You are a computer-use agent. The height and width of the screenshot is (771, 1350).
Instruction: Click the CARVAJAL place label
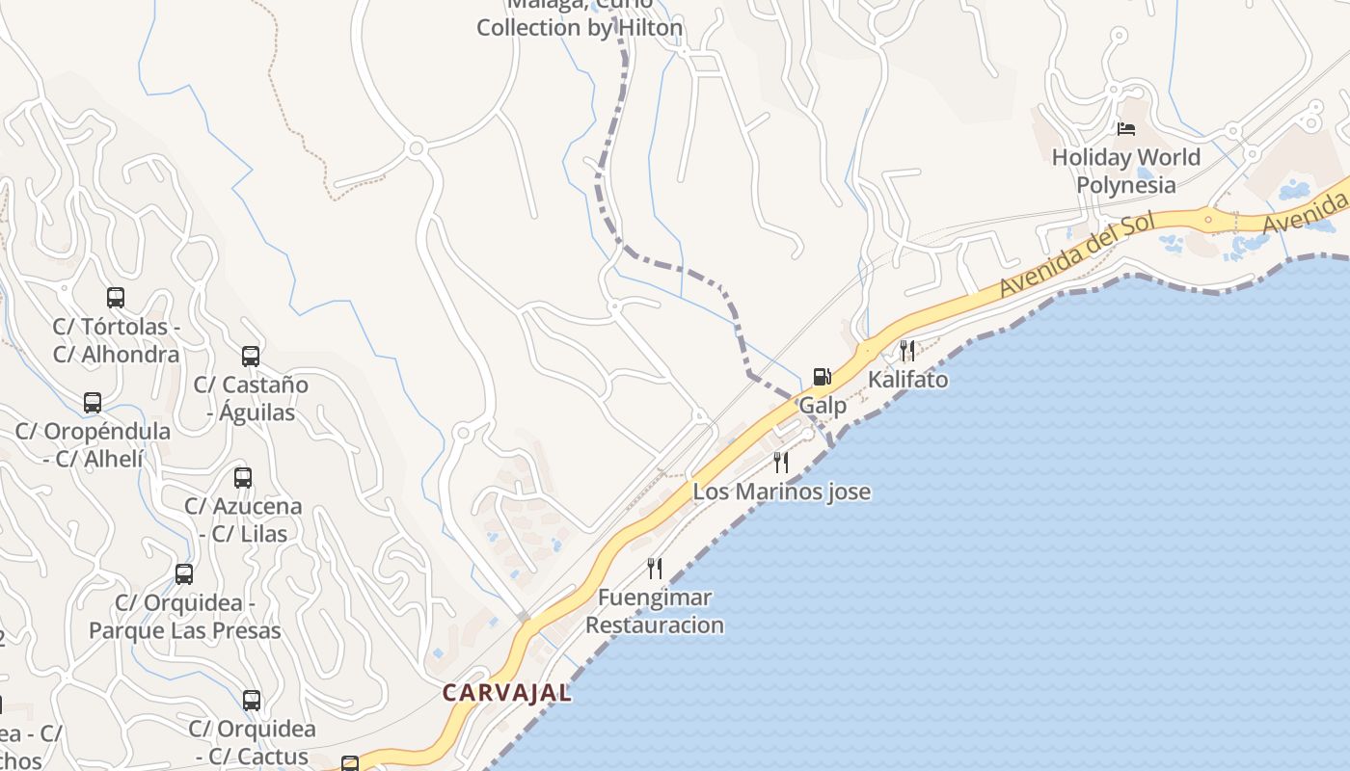tap(506, 692)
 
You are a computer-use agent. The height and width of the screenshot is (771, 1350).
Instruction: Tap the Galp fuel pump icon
tap(822, 376)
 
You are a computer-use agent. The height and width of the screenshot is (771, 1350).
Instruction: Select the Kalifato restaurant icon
tap(906, 350)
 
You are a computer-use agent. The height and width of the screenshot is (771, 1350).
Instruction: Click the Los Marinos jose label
tap(781, 492)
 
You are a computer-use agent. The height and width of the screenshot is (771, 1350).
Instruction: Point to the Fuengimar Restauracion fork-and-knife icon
tap(655, 569)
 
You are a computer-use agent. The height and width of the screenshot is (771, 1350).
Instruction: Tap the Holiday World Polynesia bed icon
tap(1125, 128)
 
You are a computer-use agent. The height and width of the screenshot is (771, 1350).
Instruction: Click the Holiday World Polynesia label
tap(1125, 171)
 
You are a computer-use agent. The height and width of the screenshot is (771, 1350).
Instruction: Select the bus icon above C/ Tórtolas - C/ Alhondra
tap(116, 298)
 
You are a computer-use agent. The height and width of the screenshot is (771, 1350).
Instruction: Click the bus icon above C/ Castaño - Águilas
tap(251, 357)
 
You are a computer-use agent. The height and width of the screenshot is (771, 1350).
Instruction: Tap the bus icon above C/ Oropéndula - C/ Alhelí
tap(93, 403)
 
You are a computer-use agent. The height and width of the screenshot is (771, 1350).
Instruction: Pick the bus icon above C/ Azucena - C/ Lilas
tap(243, 478)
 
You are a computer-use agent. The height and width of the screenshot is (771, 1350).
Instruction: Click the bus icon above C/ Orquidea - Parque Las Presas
tap(184, 574)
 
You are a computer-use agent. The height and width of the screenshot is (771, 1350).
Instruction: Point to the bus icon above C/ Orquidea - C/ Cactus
tap(252, 701)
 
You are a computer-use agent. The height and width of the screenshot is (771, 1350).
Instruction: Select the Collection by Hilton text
tap(580, 28)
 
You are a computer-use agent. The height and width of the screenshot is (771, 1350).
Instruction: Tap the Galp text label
tap(823, 405)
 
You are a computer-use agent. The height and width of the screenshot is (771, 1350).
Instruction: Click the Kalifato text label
tap(907, 379)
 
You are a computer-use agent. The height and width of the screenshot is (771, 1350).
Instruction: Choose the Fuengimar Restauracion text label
tap(655, 611)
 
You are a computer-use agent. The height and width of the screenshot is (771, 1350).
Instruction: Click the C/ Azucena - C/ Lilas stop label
tap(243, 519)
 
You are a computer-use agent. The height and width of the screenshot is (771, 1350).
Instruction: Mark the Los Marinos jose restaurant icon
tap(781, 463)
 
